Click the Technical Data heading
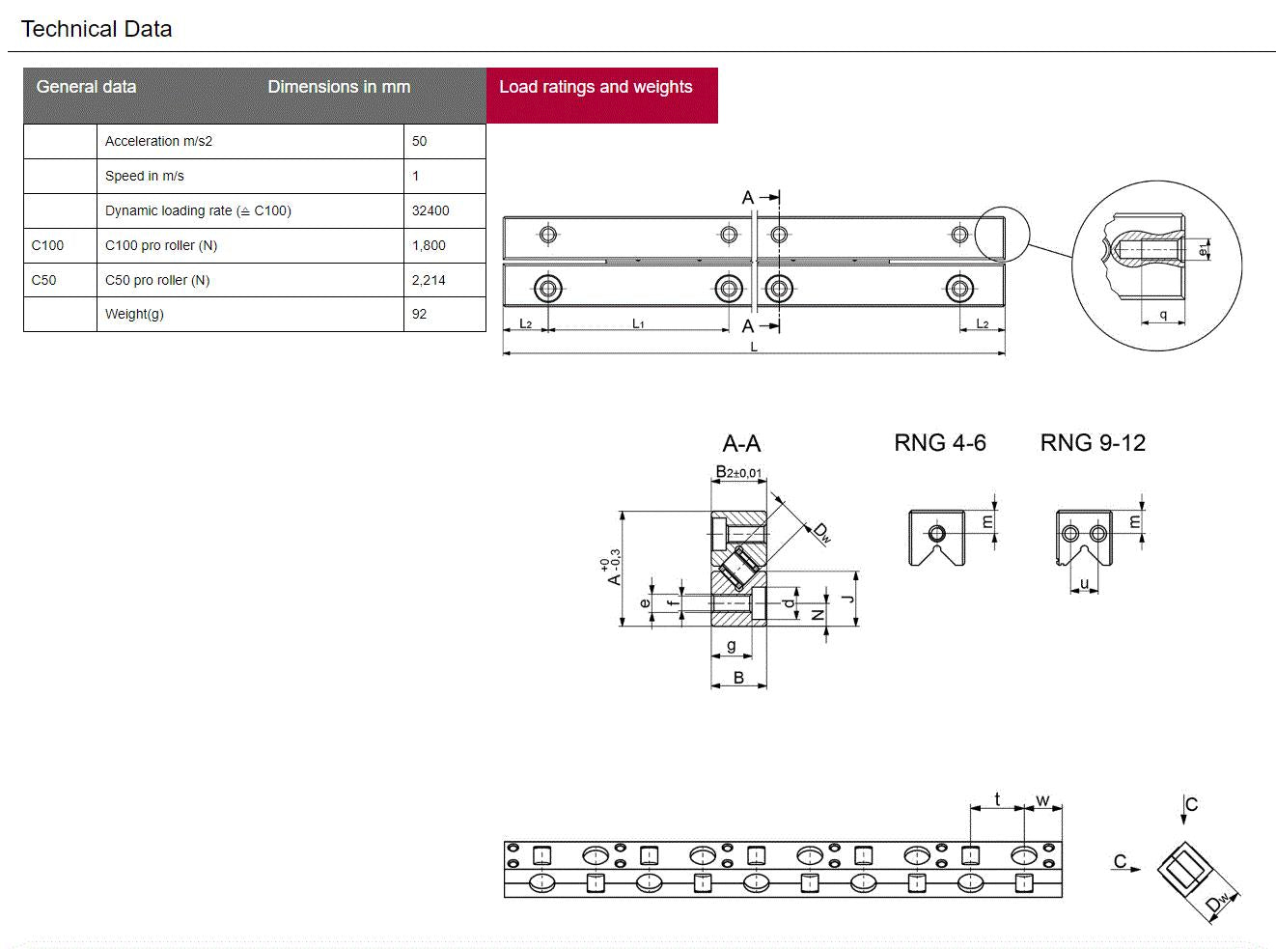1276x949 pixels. [x=97, y=29]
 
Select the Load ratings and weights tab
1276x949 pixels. [x=596, y=87]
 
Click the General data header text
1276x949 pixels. [x=86, y=87]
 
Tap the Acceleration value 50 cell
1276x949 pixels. [x=420, y=141]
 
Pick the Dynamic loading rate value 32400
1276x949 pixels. [x=430, y=210]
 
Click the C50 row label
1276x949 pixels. [x=44, y=280]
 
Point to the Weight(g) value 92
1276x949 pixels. [x=420, y=314]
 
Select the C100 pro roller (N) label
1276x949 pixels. [x=161, y=245]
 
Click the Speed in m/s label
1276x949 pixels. [x=145, y=176]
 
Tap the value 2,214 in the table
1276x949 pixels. [x=429, y=280]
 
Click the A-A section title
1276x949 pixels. [x=741, y=444]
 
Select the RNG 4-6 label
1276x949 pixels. [x=940, y=443]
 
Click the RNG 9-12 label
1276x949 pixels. [x=1093, y=443]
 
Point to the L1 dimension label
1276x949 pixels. [x=638, y=323]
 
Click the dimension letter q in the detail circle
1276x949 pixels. [x=1163, y=315]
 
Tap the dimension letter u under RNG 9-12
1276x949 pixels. [x=1084, y=583]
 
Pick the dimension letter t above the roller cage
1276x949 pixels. [x=997, y=799]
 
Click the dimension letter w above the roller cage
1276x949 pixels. [x=1042, y=800]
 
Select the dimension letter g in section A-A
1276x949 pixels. [x=732, y=645]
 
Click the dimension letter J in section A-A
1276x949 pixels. [x=848, y=599]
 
